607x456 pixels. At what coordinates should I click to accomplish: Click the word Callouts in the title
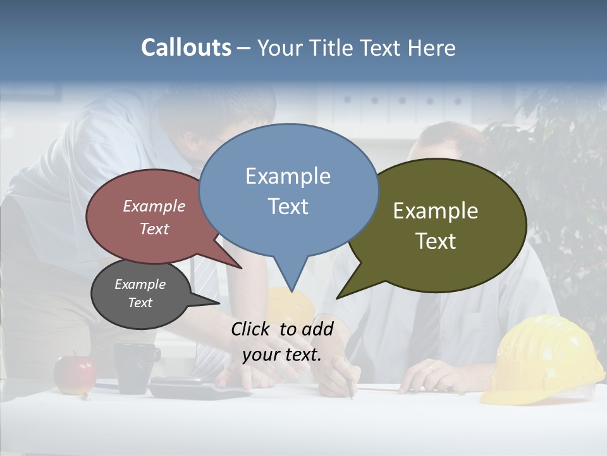click(186, 47)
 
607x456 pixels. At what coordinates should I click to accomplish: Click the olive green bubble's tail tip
click(338, 298)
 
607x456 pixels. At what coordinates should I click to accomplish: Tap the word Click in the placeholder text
click(251, 329)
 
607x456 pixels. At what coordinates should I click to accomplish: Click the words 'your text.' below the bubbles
click(282, 355)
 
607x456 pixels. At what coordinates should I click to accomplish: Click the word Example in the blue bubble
click(288, 176)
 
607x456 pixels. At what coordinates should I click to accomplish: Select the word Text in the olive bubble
click(436, 241)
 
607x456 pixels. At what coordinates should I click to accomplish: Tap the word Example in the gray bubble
click(140, 284)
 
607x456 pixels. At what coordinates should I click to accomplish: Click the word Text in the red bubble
click(154, 229)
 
